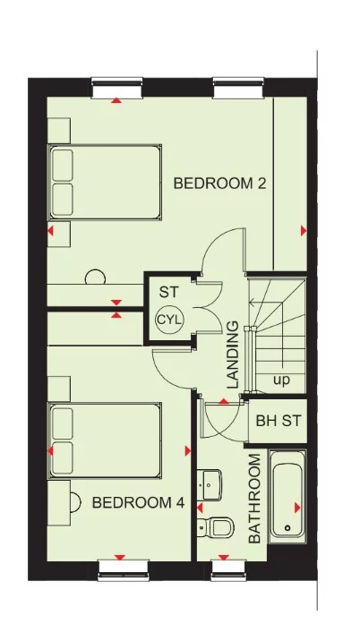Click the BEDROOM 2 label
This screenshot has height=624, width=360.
tap(219, 184)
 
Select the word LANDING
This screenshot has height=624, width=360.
tap(233, 355)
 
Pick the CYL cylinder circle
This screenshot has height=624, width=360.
tap(168, 320)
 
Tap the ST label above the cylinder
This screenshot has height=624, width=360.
tap(168, 292)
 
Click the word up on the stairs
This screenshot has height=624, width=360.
tap(282, 380)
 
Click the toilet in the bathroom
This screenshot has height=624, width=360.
tap(216, 526)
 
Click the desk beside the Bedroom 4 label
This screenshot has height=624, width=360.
tap(60, 504)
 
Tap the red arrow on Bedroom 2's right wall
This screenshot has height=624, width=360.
tap(304, 231)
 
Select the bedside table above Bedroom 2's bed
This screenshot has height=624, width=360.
tap(58, 130)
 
